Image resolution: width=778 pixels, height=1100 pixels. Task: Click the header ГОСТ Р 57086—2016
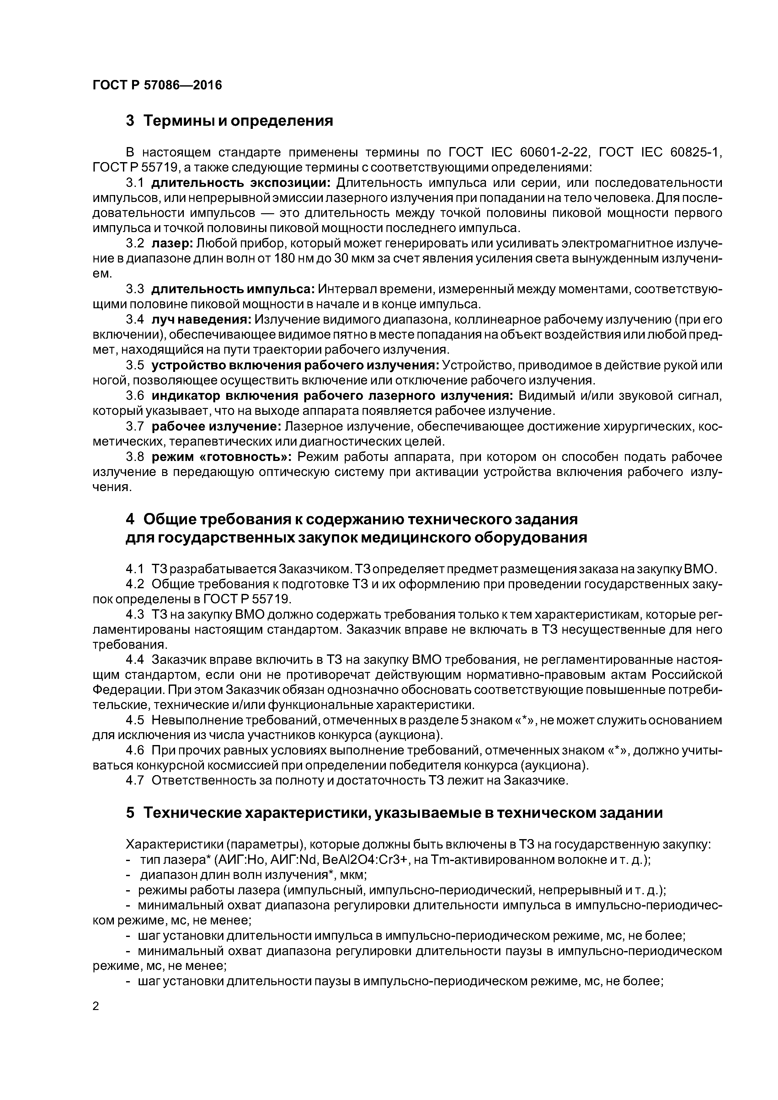point(157,85)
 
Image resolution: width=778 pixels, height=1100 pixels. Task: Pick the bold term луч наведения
point(201,320)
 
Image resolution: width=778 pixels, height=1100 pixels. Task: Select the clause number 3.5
point(135,366)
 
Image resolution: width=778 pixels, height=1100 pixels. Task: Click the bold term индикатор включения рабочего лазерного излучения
point(332,396)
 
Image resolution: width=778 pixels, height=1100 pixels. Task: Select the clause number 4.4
point(135,660)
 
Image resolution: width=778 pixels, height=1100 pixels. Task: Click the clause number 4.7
point(135,780)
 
